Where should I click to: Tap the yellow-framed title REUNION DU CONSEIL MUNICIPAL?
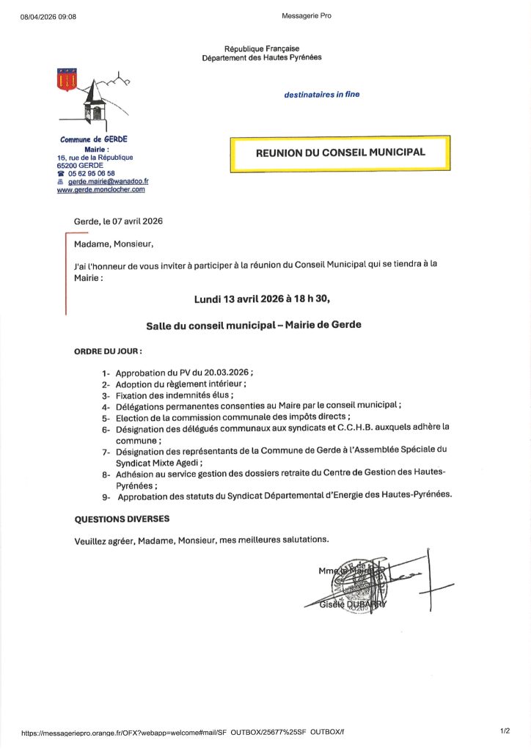[x=340, y=153]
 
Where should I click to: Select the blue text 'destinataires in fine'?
[x=322, y=95]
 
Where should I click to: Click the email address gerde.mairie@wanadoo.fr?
[x=109, y=181]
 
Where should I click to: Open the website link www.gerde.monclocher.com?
[x=101, y=189]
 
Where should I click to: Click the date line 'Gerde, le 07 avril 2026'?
[x=118, y=221]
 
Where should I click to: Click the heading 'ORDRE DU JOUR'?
[x=108, y=351]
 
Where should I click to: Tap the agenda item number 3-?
[x=106, y=395]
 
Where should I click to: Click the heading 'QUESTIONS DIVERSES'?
[x=122, y=519]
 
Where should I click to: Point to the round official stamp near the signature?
[x=354, y=583]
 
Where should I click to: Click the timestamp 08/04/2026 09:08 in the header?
[x=48, y=15]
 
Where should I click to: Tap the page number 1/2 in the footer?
[x=505, y=730]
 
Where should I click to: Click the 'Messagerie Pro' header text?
[x=306, y=15]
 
